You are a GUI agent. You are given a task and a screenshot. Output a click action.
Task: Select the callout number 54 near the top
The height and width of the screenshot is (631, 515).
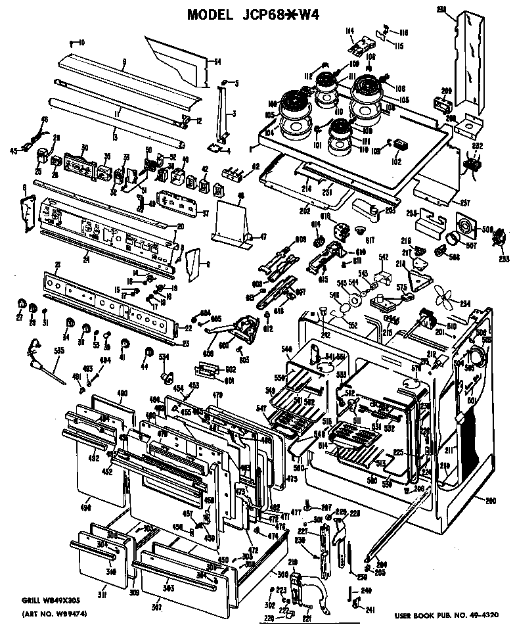tap(217, 62)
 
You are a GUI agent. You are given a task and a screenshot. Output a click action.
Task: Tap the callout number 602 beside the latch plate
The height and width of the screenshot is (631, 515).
tap(231, 369)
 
